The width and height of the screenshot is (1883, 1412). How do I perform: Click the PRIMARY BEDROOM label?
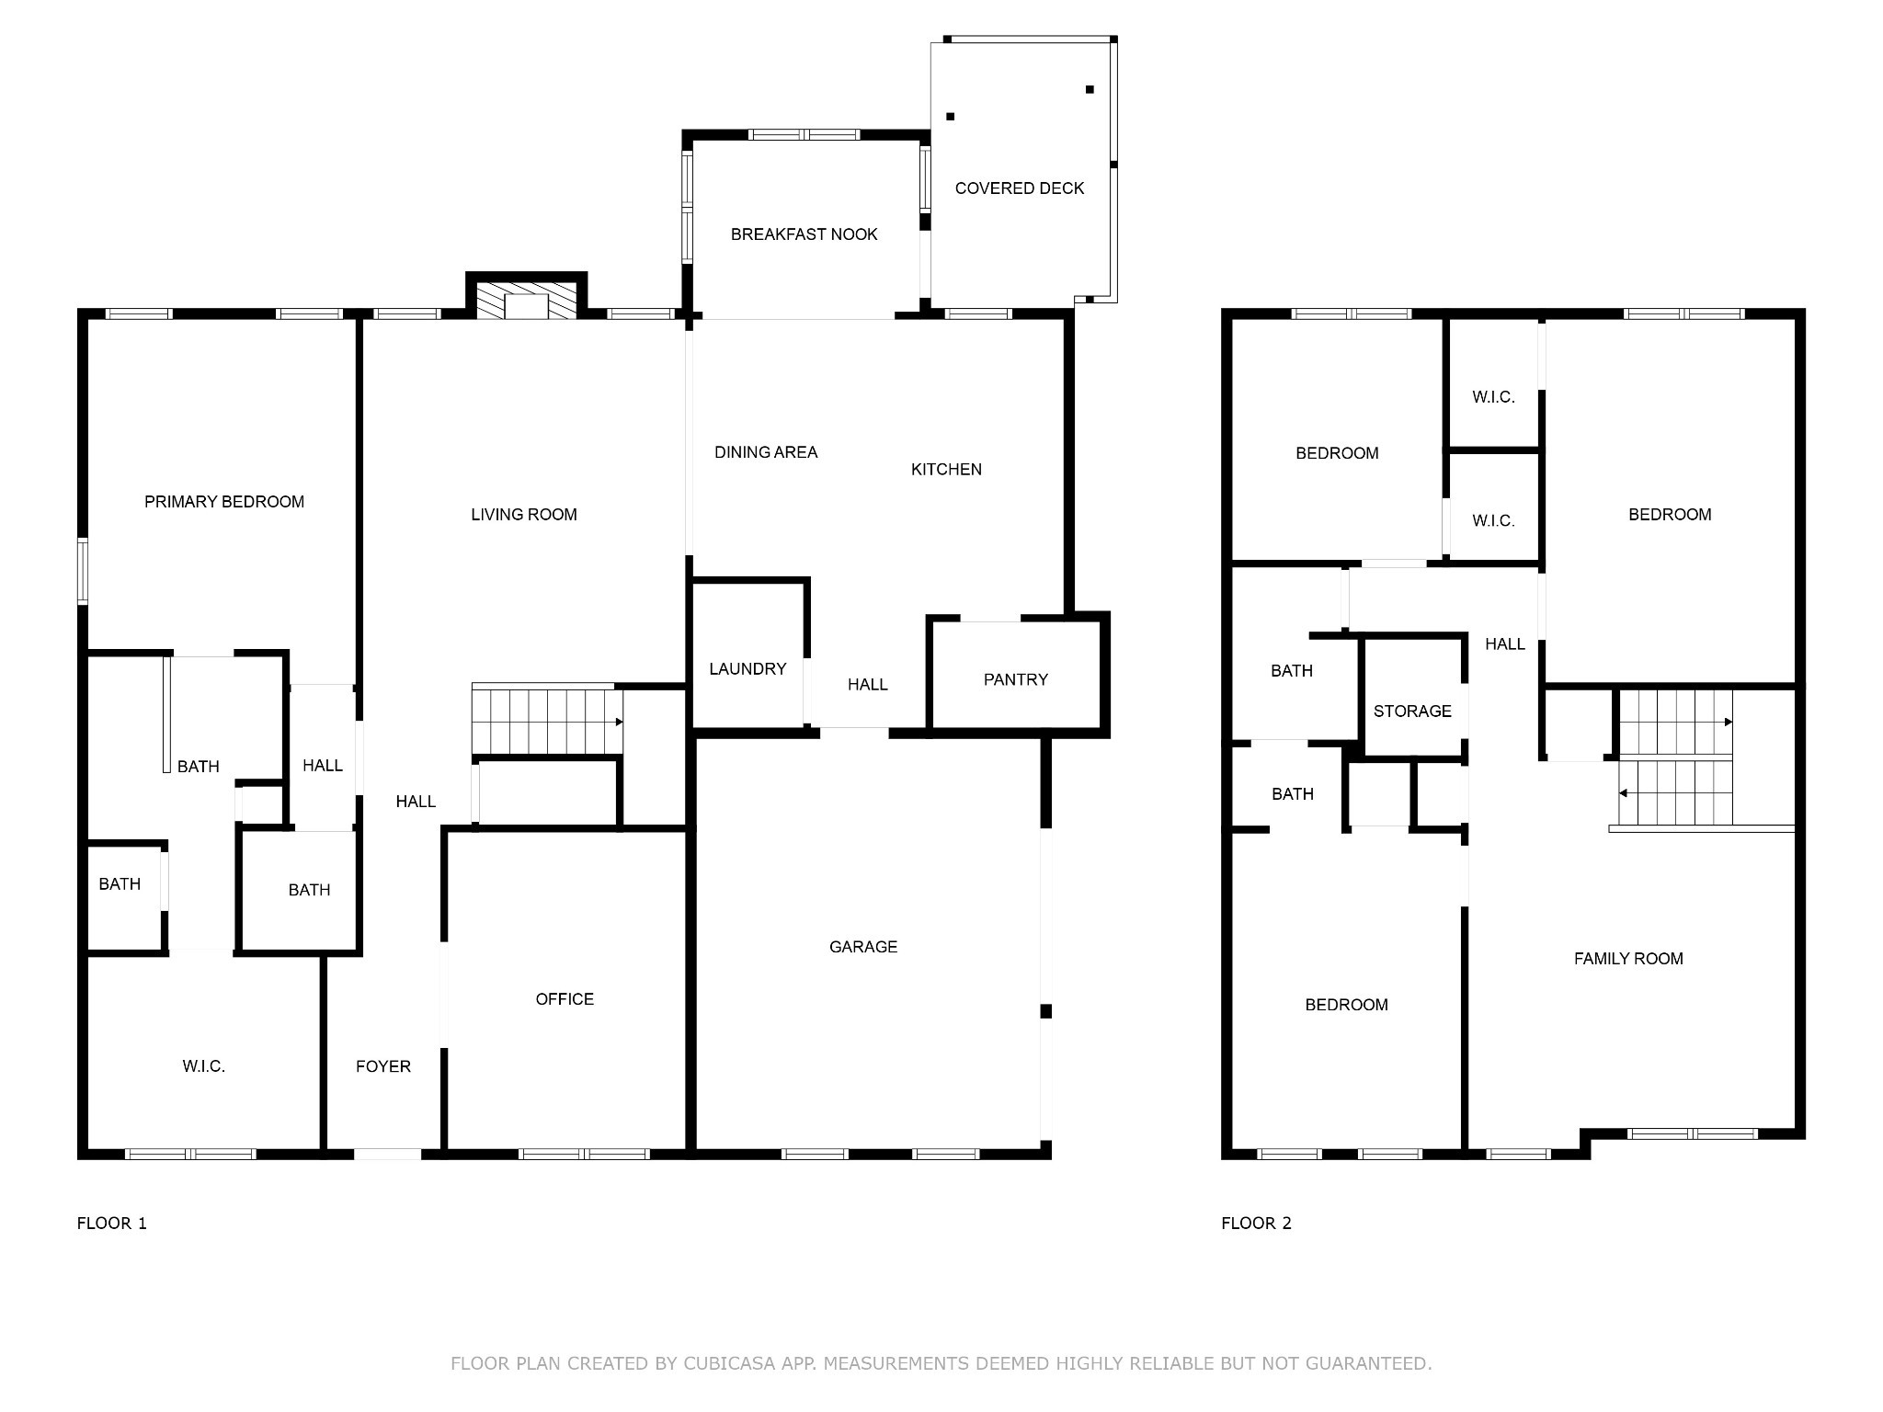[x=224, y=502]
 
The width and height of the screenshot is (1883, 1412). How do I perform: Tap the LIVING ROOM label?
[x=524, y=515]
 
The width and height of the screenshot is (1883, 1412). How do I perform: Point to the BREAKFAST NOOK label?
[x=805, y=234]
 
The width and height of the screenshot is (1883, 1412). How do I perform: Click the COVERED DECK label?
[x=1020, y=188]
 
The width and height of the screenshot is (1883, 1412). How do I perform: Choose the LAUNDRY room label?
[x=747, y=669]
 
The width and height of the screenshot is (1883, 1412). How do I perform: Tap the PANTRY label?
[x=1016, y=679]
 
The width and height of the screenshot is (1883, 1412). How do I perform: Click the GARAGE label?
[x=863, y=947]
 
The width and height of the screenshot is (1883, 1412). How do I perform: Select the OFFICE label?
[x=565, y=999]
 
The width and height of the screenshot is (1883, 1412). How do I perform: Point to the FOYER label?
[x=383, y=1066]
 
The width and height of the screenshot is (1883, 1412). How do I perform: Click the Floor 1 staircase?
[x=548, y=720]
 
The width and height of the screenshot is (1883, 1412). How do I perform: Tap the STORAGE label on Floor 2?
[x=1412, y=712]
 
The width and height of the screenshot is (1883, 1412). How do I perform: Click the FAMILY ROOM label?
[x=1628, y=959]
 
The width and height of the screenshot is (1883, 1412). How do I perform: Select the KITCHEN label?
[x=946, y=470]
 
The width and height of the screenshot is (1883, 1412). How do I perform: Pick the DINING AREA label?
[x=766, y=452]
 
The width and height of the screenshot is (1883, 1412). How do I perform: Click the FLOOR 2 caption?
[x=1256, y=1224]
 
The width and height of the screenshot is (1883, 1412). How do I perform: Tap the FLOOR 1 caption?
[x=111, y=1224]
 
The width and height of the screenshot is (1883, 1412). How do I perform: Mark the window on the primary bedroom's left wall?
[x=83, y=571]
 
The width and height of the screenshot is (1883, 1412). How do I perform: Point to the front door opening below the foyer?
[x=388, y=1154]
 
